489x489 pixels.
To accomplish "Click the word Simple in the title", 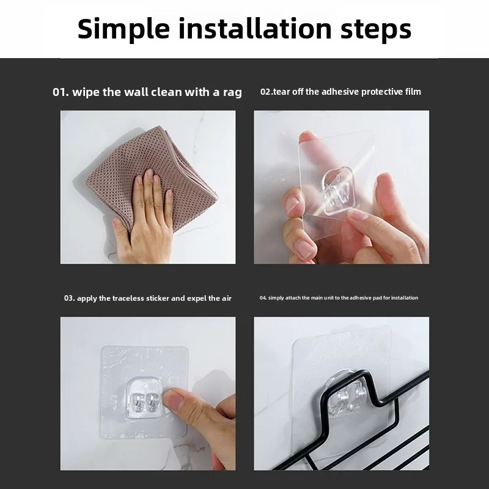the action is coord(123,29).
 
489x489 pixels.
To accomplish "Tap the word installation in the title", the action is coord(255,29).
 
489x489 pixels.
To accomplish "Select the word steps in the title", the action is coord(376,31).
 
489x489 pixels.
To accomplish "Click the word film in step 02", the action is coord(413,92).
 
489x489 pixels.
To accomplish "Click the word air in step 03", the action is coord(226,298).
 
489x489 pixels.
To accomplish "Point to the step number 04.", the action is coord(263,298).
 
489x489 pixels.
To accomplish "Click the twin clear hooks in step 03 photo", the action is coord(144,402).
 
